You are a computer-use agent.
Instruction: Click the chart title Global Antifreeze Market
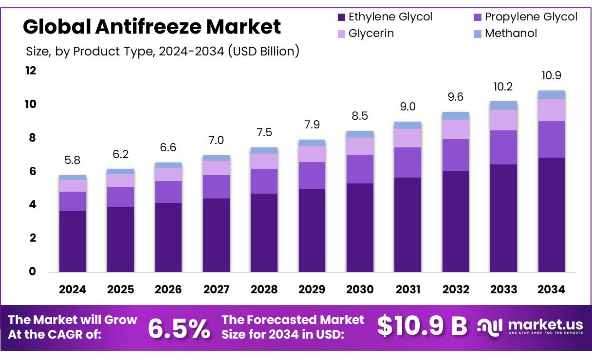point(152,26)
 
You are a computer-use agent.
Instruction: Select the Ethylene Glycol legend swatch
point(342,18)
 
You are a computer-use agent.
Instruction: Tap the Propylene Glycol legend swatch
point(478,18)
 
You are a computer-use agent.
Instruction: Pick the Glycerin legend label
point(371,34)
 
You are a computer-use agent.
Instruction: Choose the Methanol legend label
point(511,34)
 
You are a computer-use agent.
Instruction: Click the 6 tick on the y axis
point(33,171)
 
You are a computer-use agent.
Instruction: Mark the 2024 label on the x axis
point(73,289)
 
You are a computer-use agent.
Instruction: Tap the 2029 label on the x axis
point(312,289)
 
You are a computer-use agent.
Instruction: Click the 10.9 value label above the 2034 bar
point(552,75)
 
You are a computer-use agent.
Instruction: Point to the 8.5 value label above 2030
point(360,116)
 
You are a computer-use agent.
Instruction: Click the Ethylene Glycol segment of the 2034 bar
point(552,214)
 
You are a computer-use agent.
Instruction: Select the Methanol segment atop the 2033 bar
point(503,106)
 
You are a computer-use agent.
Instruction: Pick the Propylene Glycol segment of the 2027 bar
point(216,186)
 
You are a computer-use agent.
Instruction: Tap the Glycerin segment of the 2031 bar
point(407,138)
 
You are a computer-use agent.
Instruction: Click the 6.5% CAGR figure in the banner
point(179,328)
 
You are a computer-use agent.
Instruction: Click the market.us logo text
point(545,324)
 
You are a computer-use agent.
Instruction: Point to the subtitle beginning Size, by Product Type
point(162,51)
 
